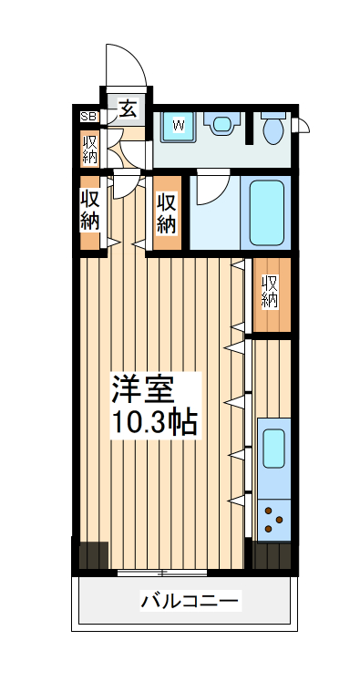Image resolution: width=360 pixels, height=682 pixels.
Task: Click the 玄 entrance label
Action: pos(129,110)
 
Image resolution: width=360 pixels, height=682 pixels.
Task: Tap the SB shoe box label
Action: pos(88,116)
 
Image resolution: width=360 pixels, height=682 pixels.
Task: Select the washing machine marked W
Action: pos(179,126)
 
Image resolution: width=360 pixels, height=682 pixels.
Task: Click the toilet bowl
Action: pos(273,129)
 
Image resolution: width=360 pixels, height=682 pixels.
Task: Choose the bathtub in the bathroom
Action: pos(267,212)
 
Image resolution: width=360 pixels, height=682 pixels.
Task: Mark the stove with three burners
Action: pos(273,520)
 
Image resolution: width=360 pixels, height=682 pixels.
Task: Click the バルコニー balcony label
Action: pos(190,602)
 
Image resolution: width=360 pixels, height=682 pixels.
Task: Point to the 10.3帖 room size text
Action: pos(153,422)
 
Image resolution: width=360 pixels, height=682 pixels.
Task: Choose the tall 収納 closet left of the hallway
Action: pos(90,212)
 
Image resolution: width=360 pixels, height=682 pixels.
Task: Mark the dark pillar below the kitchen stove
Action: pos(272,555)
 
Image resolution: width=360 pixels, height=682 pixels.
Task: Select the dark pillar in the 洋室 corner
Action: pos(92,555)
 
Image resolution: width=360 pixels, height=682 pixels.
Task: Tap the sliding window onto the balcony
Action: pos(162,573)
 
